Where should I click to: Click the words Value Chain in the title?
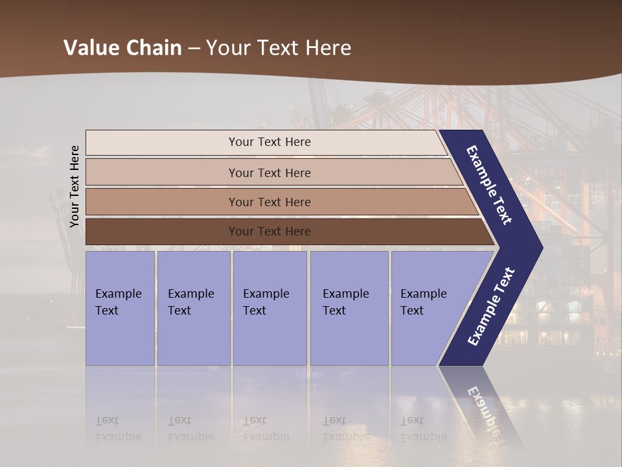click(122, 48)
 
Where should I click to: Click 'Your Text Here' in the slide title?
click(279, 48)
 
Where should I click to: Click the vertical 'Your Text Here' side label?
click(75, 186)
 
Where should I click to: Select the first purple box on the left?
click(120, 308)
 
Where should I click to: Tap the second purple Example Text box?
click(193, 308)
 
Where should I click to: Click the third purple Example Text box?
click(270, 308)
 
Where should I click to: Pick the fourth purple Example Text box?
click(349, 308)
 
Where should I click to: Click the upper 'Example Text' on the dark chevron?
click(489, 185)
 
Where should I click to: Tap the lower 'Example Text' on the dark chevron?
click(491, 307)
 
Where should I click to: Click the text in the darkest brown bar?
click(270, 232)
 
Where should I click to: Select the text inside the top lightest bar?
click(270, 142)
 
